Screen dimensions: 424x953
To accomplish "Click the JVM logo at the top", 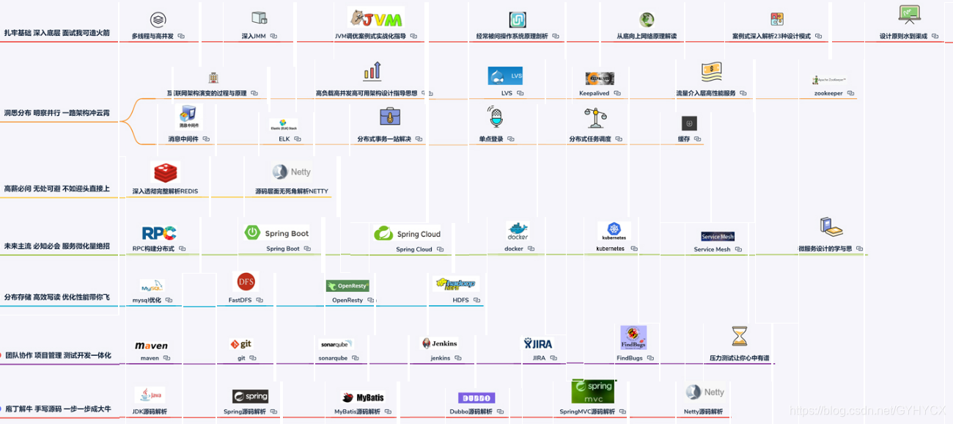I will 376,17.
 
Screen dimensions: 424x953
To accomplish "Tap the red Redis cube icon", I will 165,172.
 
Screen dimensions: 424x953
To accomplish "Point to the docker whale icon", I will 518,230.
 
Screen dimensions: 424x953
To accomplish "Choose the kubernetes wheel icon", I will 614,230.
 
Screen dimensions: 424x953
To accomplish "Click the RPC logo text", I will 158,233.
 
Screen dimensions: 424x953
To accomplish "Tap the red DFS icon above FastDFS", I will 246,282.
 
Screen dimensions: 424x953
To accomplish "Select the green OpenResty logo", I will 347,285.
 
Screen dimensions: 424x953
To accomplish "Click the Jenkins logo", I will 439,343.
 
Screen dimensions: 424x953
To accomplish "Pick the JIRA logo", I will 537,343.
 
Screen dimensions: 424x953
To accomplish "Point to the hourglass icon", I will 739,336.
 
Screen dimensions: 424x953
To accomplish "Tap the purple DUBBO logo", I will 476,398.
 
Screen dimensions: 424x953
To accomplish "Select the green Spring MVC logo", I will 593,391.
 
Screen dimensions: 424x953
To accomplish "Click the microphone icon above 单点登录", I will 496,117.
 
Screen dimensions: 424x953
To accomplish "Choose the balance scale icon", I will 595,117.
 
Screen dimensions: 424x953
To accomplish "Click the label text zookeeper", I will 828,93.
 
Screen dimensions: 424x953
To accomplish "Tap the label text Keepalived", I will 594,93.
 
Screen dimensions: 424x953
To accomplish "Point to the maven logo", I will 152,346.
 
